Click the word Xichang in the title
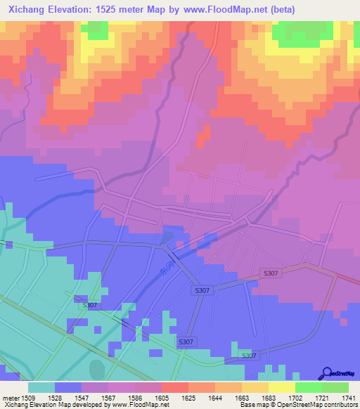(25, 9)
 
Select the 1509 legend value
(30, 398)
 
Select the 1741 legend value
(349, 398)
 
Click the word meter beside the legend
(10, 398)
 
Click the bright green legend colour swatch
(308, 387)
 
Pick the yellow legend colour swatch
(282, 387)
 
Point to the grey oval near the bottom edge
(97, 369)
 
